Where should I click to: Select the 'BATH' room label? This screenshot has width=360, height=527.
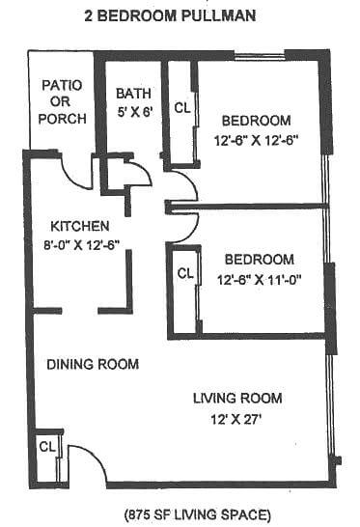[x=133, y=94]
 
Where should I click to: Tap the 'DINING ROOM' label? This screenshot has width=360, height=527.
[x=94, y=364]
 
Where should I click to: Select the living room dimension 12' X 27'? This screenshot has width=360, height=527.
[x=237, y=418]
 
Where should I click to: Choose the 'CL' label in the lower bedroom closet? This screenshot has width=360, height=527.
[x=184, y=272]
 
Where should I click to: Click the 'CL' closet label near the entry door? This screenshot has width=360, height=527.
[x=45, y=447]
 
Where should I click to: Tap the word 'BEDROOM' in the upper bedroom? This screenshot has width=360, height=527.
[x=256, y=121]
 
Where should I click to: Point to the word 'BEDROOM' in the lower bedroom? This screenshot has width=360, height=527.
[x=259, y=259]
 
